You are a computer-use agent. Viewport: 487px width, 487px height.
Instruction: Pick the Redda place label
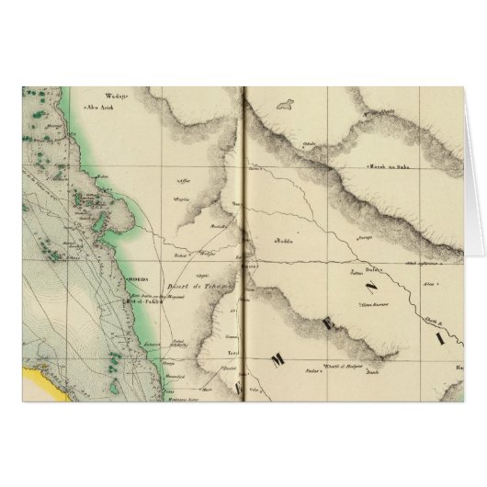pyautogui.click(x=282, y=242)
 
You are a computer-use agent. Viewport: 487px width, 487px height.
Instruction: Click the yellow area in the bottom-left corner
pyautogui.click(x=41, y=376)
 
